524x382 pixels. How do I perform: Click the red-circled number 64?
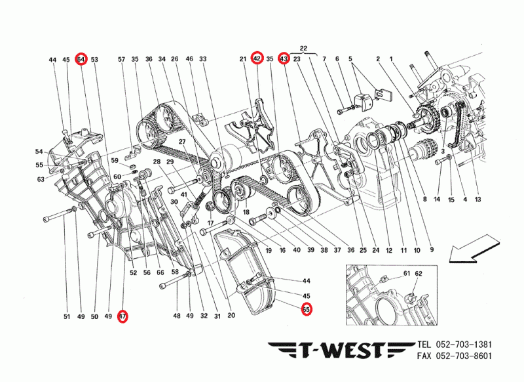click(x=81, y=59)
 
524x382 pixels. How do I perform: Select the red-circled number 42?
click(x=257, y=59)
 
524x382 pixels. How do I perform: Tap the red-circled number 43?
click(x=283, y=59)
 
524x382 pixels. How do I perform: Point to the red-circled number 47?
click(x=122, y=317)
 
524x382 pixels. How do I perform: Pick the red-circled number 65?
click(x=306, y=309)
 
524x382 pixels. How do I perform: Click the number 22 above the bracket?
click(x=303, y=48)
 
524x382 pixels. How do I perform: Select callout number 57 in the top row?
click(x=121, y=60)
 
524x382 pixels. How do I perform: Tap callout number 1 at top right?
click(x=391, y=60)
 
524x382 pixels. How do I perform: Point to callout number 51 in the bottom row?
click(x=66, y=317)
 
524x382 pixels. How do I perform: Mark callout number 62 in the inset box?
click(x=419, y=272)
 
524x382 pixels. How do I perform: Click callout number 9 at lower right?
click(x=432, y=249)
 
